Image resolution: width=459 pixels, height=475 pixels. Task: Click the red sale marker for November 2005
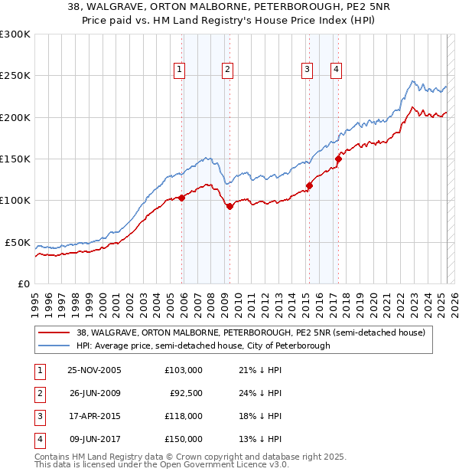[x=182, y=198]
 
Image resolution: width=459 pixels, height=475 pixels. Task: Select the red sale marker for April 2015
[x=309, y=185]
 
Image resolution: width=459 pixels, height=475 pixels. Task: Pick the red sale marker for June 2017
[x=338, y=159]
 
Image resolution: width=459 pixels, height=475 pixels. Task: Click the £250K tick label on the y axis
[x=15, y=76]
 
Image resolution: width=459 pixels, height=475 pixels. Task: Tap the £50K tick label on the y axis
[x=18, y=242]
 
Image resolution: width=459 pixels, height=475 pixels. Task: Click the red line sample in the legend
[x=54, y=332]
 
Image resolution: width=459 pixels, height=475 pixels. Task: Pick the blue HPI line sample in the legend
[x=54, y=346]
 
